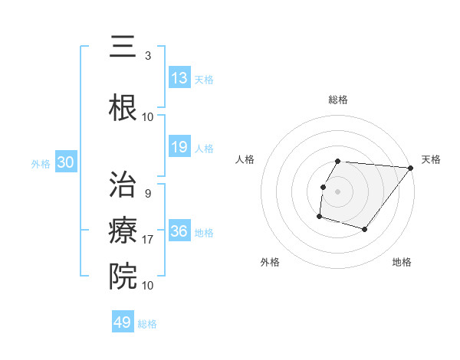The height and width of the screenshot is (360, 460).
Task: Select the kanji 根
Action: point(123,107)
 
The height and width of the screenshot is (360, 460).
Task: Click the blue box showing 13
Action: point(179,78)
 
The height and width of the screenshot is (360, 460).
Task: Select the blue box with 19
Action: point(179,147)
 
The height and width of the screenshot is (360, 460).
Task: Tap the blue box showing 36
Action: point(179,231)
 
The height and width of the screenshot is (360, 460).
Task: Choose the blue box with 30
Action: point(65,162)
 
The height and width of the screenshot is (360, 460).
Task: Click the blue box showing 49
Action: point(123,322)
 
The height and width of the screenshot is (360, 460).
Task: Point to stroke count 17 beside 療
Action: point(148,240)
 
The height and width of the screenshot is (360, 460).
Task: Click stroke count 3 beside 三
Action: point(148,55)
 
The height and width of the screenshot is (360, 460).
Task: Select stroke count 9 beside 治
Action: point(148,193)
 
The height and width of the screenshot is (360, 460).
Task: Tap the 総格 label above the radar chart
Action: point(338,100)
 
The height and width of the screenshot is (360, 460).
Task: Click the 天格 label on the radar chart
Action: point(432,159)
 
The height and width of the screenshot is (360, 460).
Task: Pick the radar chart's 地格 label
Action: point(402,262)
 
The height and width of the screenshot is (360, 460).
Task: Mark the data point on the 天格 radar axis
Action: point(410,168)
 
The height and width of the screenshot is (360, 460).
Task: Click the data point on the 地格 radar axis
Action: point(365,229)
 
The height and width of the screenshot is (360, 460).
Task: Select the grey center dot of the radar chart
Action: point(337,191)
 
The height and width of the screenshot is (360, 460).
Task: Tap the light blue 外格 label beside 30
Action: point(41,163)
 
